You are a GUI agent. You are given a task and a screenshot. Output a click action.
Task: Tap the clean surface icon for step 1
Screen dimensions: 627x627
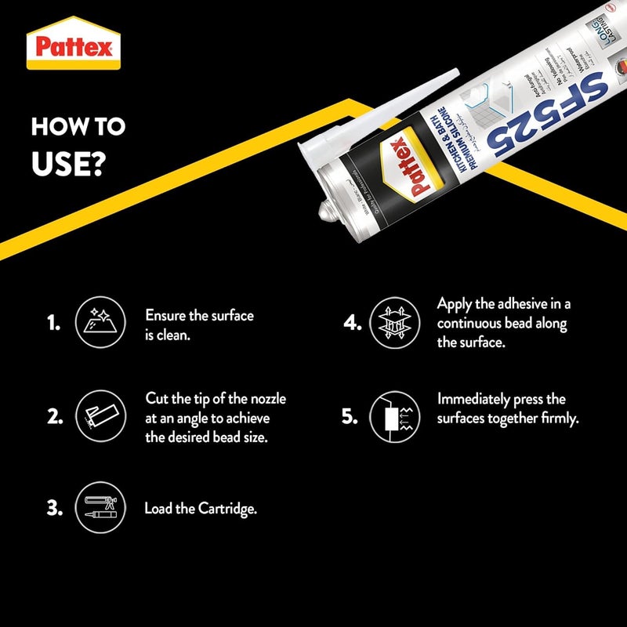click(99, 322)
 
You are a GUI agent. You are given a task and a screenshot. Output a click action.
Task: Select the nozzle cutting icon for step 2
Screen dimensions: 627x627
click(99, 416)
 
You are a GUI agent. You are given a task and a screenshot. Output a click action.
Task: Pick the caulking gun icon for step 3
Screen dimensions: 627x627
click(99, 508)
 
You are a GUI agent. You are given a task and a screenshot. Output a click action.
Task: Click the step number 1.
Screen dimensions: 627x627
click(53, 323)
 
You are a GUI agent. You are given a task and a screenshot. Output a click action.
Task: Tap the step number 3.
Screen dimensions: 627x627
click(54, 508)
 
